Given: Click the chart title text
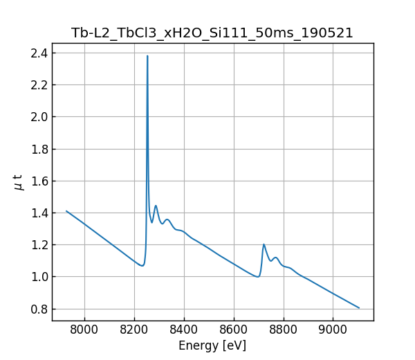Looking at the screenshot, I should click(212, 33).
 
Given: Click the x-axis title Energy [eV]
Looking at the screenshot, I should click(212, 345).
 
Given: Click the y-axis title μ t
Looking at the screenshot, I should click(18, 182).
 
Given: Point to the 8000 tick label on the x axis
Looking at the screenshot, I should click(84, 330).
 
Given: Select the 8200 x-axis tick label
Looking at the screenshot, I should click(134, 330).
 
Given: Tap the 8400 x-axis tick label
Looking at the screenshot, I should click(184, 330).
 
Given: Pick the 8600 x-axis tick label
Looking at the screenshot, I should click(234, 330).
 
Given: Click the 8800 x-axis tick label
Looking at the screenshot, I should click(284, 330).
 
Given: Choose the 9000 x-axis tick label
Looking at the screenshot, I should click(333, 330).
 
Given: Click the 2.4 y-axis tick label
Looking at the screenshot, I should click(39, 53).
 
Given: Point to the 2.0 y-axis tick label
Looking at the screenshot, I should click(39, 117).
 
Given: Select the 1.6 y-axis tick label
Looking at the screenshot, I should click(39, 181).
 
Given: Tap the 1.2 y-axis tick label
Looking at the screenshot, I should click(39, 245).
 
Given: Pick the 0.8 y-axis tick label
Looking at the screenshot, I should click(39, 309).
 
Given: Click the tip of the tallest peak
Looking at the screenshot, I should click(147, 56).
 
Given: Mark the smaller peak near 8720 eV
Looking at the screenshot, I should click(264, 244).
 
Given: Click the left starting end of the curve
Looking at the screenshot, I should click(66, 211).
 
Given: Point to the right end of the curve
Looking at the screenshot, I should click(359, 308).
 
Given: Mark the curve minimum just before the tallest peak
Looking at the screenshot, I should click(142, 266).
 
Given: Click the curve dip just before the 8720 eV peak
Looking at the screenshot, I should click(257, 277).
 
